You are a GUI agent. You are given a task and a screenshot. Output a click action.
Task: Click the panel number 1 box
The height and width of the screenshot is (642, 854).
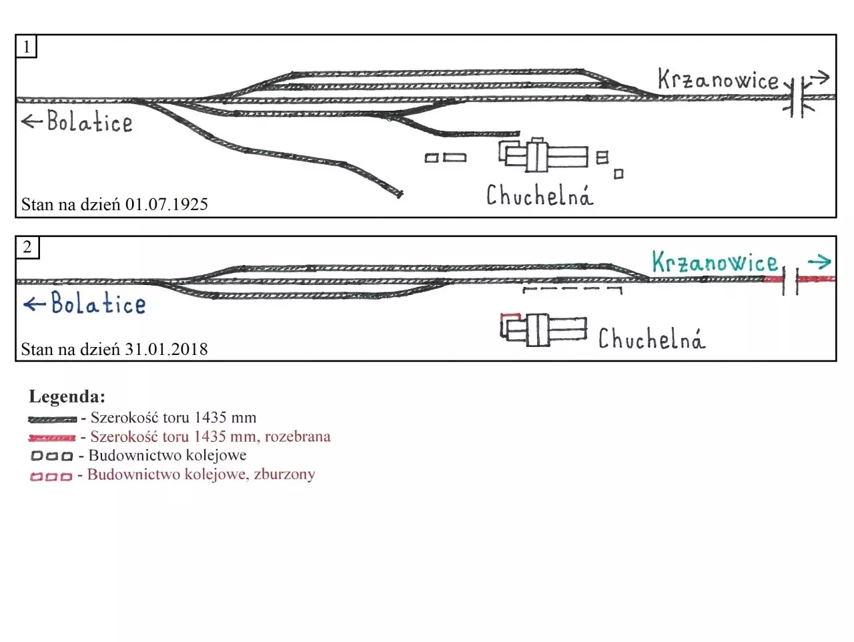point(26,47)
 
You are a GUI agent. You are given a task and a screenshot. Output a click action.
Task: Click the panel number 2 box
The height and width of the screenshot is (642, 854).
point(27,248)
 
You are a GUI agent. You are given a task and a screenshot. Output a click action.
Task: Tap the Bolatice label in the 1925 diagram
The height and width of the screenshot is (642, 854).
point(89,122)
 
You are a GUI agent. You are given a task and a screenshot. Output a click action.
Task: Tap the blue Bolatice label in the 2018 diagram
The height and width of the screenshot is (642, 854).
point(98,304)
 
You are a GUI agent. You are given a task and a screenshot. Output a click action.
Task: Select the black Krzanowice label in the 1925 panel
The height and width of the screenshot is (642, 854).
point(718,80)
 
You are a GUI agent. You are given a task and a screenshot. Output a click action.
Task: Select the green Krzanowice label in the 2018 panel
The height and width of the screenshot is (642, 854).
point(715,262)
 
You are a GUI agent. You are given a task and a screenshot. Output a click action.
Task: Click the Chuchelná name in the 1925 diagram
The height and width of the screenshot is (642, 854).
point(539,196)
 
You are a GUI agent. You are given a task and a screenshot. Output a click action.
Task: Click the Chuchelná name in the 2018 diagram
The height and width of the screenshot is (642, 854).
point(651,339)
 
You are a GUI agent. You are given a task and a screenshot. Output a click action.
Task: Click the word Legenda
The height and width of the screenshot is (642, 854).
point(67,397)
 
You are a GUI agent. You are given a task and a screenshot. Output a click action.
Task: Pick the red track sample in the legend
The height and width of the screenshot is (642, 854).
point(52,438)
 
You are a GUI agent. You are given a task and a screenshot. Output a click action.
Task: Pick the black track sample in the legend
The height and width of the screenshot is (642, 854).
point(52,420)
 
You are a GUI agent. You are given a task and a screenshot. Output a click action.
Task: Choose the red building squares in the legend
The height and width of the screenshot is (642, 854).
point(51,476)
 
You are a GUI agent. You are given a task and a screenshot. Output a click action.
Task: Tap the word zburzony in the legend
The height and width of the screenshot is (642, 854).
point(284,474)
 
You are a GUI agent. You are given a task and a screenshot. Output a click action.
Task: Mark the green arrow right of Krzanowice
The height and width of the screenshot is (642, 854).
point(819,262)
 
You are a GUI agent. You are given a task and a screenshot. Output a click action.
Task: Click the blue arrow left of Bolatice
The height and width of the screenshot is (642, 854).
point(34,304)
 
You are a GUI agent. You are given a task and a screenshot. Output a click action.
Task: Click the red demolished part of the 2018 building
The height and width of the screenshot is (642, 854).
point(510,315)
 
